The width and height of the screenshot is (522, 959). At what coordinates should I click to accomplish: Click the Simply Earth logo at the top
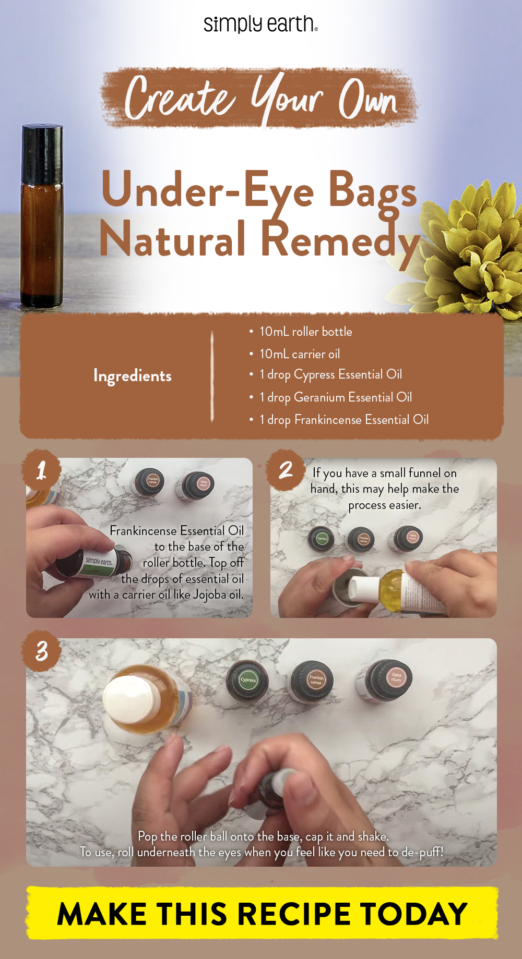(260, 24)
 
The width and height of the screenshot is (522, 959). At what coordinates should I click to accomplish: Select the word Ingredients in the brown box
(132, 376)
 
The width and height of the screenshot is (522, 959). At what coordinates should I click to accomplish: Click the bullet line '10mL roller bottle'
(305, 332)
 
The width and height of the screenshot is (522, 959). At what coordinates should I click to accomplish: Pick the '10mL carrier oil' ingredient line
(300, 354)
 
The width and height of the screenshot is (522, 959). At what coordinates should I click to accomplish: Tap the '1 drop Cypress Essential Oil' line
(330, 374)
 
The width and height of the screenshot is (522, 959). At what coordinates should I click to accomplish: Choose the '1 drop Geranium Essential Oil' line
(336, 397)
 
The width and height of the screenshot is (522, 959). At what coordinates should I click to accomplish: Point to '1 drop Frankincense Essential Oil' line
(344, 420)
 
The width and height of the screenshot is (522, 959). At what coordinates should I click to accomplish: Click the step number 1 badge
(41, 470)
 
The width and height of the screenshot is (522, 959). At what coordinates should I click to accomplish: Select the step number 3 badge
(41, 651)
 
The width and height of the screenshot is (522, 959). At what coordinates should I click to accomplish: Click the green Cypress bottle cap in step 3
(248, 679)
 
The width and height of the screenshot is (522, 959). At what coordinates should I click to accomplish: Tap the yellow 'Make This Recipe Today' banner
(262, 914)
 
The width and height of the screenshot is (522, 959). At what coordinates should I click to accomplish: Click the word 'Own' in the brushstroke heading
(368, 99)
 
